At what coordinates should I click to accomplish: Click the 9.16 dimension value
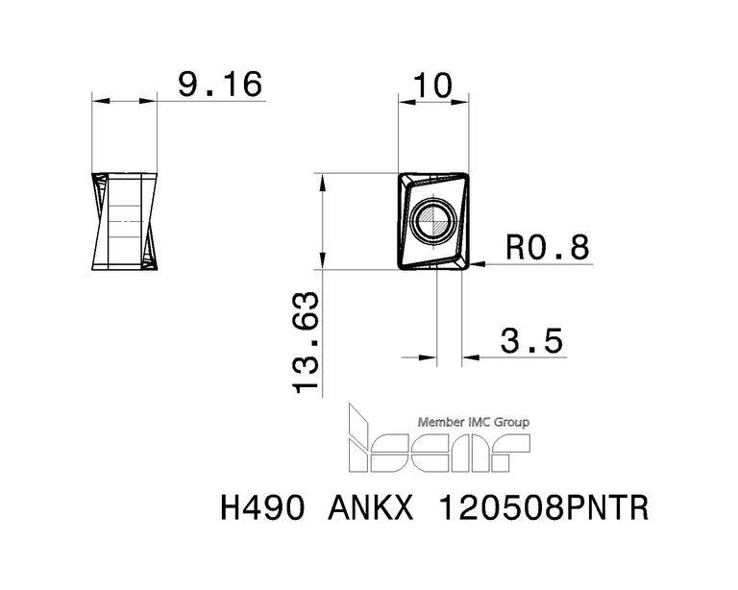220,85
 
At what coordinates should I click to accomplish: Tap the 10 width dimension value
432,86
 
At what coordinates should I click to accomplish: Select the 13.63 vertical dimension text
306,342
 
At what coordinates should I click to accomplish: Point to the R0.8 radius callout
548,247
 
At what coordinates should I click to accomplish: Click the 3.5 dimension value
531,341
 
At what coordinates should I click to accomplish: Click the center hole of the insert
433,220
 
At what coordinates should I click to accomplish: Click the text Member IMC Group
474,422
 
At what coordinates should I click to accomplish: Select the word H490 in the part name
261,508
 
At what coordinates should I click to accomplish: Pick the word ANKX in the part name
370,508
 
